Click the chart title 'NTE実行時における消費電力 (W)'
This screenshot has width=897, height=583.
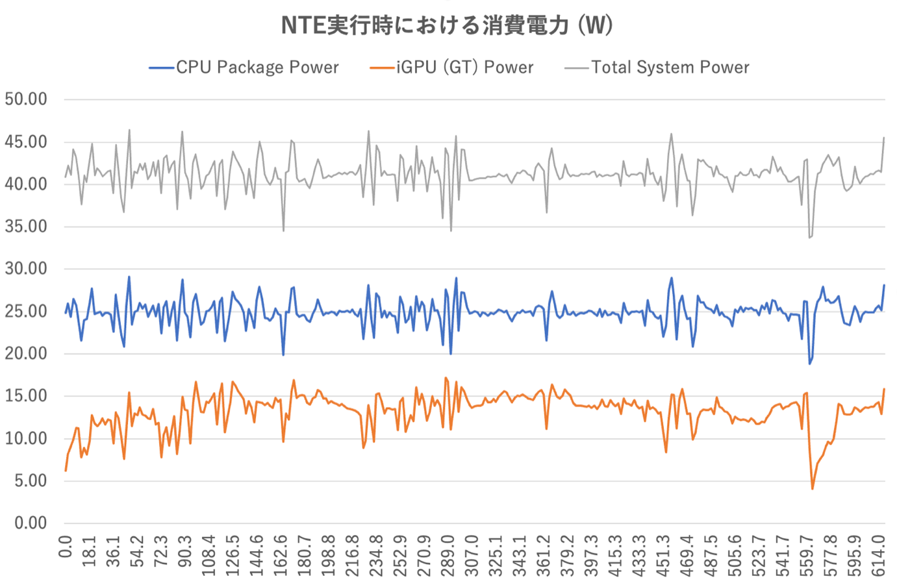click(447, 25)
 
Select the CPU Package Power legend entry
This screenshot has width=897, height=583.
click(244, 68)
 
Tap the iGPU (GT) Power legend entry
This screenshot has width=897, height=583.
click(451, 68)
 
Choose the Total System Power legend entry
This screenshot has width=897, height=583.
click(657, 68)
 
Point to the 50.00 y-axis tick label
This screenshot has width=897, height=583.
click(26, 99)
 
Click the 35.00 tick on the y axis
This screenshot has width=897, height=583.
click(26, 227)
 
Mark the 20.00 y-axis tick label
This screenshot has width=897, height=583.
click(26, 354)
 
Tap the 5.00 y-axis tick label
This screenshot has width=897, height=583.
click(31, 481)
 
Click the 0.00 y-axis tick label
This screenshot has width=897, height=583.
click(31, 523)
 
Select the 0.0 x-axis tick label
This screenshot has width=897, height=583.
click(65, 547)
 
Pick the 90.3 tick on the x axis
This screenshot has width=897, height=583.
click(184, 552)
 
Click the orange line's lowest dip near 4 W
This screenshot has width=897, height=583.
click(812, 489)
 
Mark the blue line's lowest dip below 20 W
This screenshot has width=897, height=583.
click(809, 364)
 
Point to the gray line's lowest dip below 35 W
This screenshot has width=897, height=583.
click(809, 238)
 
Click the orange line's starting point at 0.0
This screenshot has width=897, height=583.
click(66, 471)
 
